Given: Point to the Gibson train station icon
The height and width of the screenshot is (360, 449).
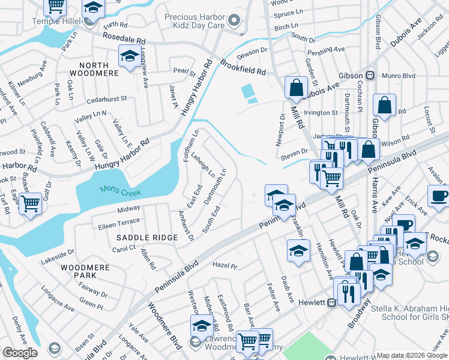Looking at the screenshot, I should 370,76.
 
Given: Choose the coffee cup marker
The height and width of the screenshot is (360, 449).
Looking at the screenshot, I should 439,196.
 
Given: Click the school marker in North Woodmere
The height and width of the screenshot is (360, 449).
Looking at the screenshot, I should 128,56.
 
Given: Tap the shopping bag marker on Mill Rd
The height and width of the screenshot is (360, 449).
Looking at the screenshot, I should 296,88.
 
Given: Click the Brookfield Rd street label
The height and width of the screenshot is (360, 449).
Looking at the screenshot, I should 243,67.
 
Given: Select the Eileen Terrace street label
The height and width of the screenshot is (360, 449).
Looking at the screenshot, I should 119,221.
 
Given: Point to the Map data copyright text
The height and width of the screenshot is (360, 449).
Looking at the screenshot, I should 412,355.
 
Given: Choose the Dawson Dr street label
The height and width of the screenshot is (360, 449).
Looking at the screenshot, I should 251,55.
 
